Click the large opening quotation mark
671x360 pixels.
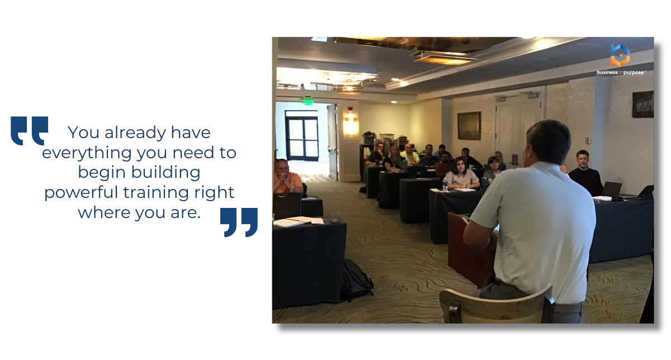(29, 131)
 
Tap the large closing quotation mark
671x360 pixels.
(239, 222)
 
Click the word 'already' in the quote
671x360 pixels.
(135, 133)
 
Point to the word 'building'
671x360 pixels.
(166, 172)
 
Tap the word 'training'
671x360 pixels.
(156, 192)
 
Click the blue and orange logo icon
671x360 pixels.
(620, 56)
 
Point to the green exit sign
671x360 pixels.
(308, 101)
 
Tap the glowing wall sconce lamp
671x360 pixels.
(350, 124)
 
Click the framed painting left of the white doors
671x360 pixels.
(469, 125)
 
